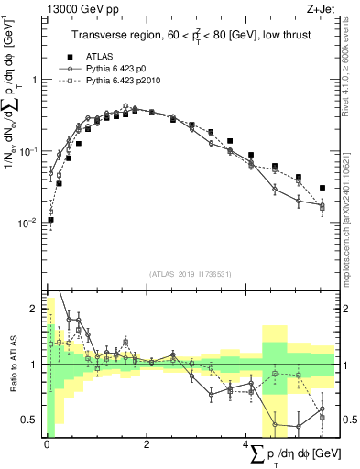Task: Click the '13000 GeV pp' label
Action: coord(77,9)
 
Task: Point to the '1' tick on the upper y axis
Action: coord(34,80)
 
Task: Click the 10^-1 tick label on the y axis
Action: coord(28,150)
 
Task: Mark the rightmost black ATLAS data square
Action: coord(322,188)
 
